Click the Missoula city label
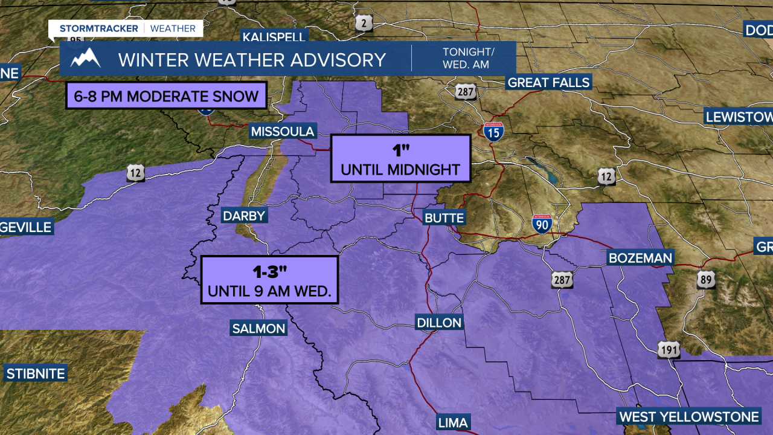click(x=283, y=132)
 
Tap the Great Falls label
click(x=548, y=83)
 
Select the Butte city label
click(x=444, y=218)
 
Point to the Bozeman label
click(x=640, y=259)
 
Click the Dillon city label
click(x=439, y=323)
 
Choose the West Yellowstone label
click(x=689, y=417)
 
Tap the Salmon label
click(x=258, y=329)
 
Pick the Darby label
click(x=244, y=216)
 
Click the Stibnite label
click(x=36, y=373)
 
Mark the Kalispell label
click(x=275, y=37)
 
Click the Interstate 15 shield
click(x=493, y=132)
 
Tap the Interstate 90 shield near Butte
click(x=542, y=224)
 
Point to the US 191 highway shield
click(x=669, y=350)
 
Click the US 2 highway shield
click(x=364, y=24)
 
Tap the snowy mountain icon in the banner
click(x=85, y=59)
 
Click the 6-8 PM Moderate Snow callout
click(x=166, y=95)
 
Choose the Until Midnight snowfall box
click(x=400, y=158)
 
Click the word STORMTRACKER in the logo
click(x=98, y=28)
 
